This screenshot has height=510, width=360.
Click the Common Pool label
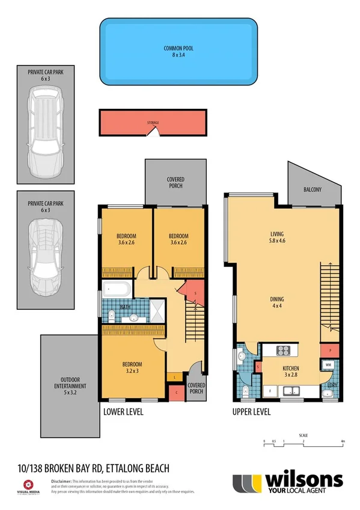tap(178, 52)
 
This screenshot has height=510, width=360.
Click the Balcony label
tap(312, 190)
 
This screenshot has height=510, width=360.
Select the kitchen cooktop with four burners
tap(282, 351)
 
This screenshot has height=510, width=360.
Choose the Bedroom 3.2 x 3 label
tap(132, 368)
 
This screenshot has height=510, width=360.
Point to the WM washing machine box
tap(329, 365)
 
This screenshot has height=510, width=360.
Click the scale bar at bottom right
tap(303, 443)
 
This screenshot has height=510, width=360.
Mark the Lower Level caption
tap(123, 413)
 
